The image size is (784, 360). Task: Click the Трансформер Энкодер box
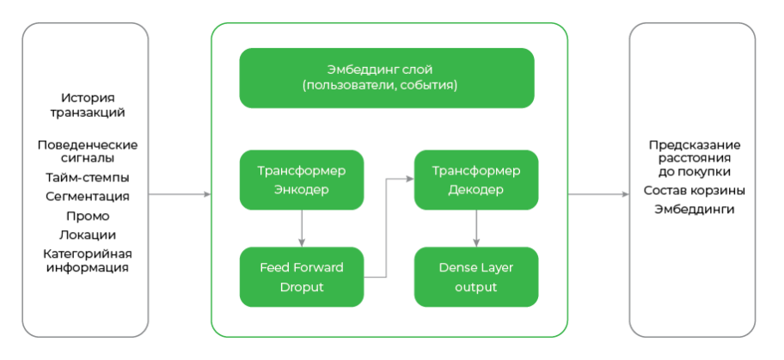click(x=301, y=180)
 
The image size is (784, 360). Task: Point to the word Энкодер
click(x=301, y=190)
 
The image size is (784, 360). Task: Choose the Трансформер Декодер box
click(x=475, y=180)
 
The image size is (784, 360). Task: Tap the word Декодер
click(x=475, y=190)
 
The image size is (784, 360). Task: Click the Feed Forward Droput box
click(x=301, y=277)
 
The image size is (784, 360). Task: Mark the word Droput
click(x=301, y=287)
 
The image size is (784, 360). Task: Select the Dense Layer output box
click(x=475, y=277)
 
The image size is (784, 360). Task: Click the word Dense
click(x=456, y=267)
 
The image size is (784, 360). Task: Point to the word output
click(x=475, y=287)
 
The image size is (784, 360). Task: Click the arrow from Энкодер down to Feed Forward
click(x=301, y=229)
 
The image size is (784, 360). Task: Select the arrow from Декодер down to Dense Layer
click(x=475, y=229)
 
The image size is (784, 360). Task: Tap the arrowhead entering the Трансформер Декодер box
click(x=408, y=180)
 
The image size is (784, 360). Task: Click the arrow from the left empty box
click(x=180, y=195)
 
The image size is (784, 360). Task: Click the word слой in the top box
click(x=417, y=69)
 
